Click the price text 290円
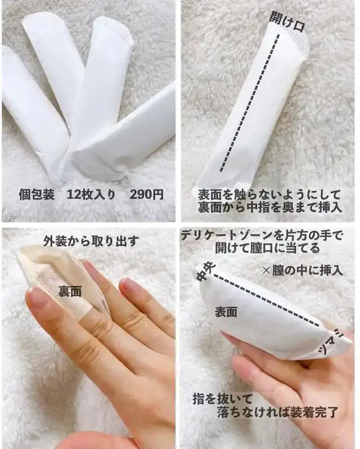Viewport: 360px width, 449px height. tap(146, 195)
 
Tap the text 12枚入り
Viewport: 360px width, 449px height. tap(91, 195)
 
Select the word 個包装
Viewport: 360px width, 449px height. tap(37, 195)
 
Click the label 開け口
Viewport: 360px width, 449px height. tap(287, 21)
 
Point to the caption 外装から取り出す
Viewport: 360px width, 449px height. tap(91, 241)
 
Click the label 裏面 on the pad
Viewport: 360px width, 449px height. tap(70, 291)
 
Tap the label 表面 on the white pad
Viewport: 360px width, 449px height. tap(226, 312)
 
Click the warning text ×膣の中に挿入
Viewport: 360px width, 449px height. tap(303, 270)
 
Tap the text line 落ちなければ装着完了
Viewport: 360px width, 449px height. tap(277, 412)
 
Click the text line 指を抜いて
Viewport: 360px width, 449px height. tap(223, 398)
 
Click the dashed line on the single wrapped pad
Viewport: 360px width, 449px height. tap(249, 103)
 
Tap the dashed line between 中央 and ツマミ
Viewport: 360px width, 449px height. tap(266, 300)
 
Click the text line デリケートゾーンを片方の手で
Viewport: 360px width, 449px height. tap(262, 236)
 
